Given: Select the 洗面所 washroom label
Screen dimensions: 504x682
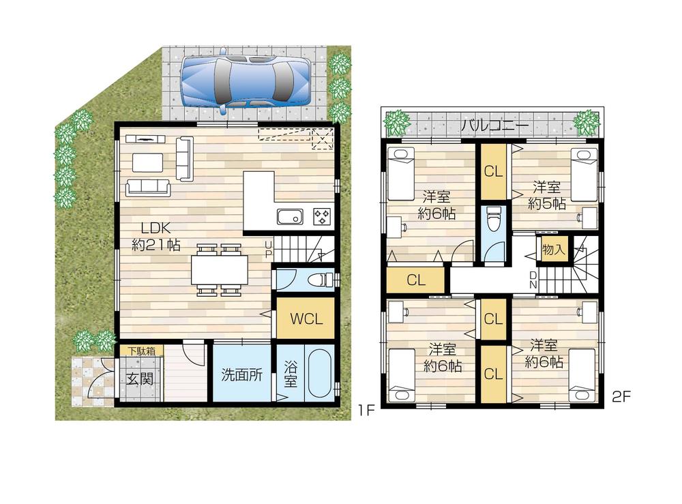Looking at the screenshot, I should [x=241, y=375].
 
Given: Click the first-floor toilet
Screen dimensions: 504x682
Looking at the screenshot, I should [x=318, y=280].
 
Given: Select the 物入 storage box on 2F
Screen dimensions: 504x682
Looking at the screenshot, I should [x=553, y=250].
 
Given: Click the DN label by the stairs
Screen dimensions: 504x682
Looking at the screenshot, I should [x=534, y=278].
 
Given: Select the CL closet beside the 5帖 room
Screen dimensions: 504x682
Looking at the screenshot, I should [x=493, y=171].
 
